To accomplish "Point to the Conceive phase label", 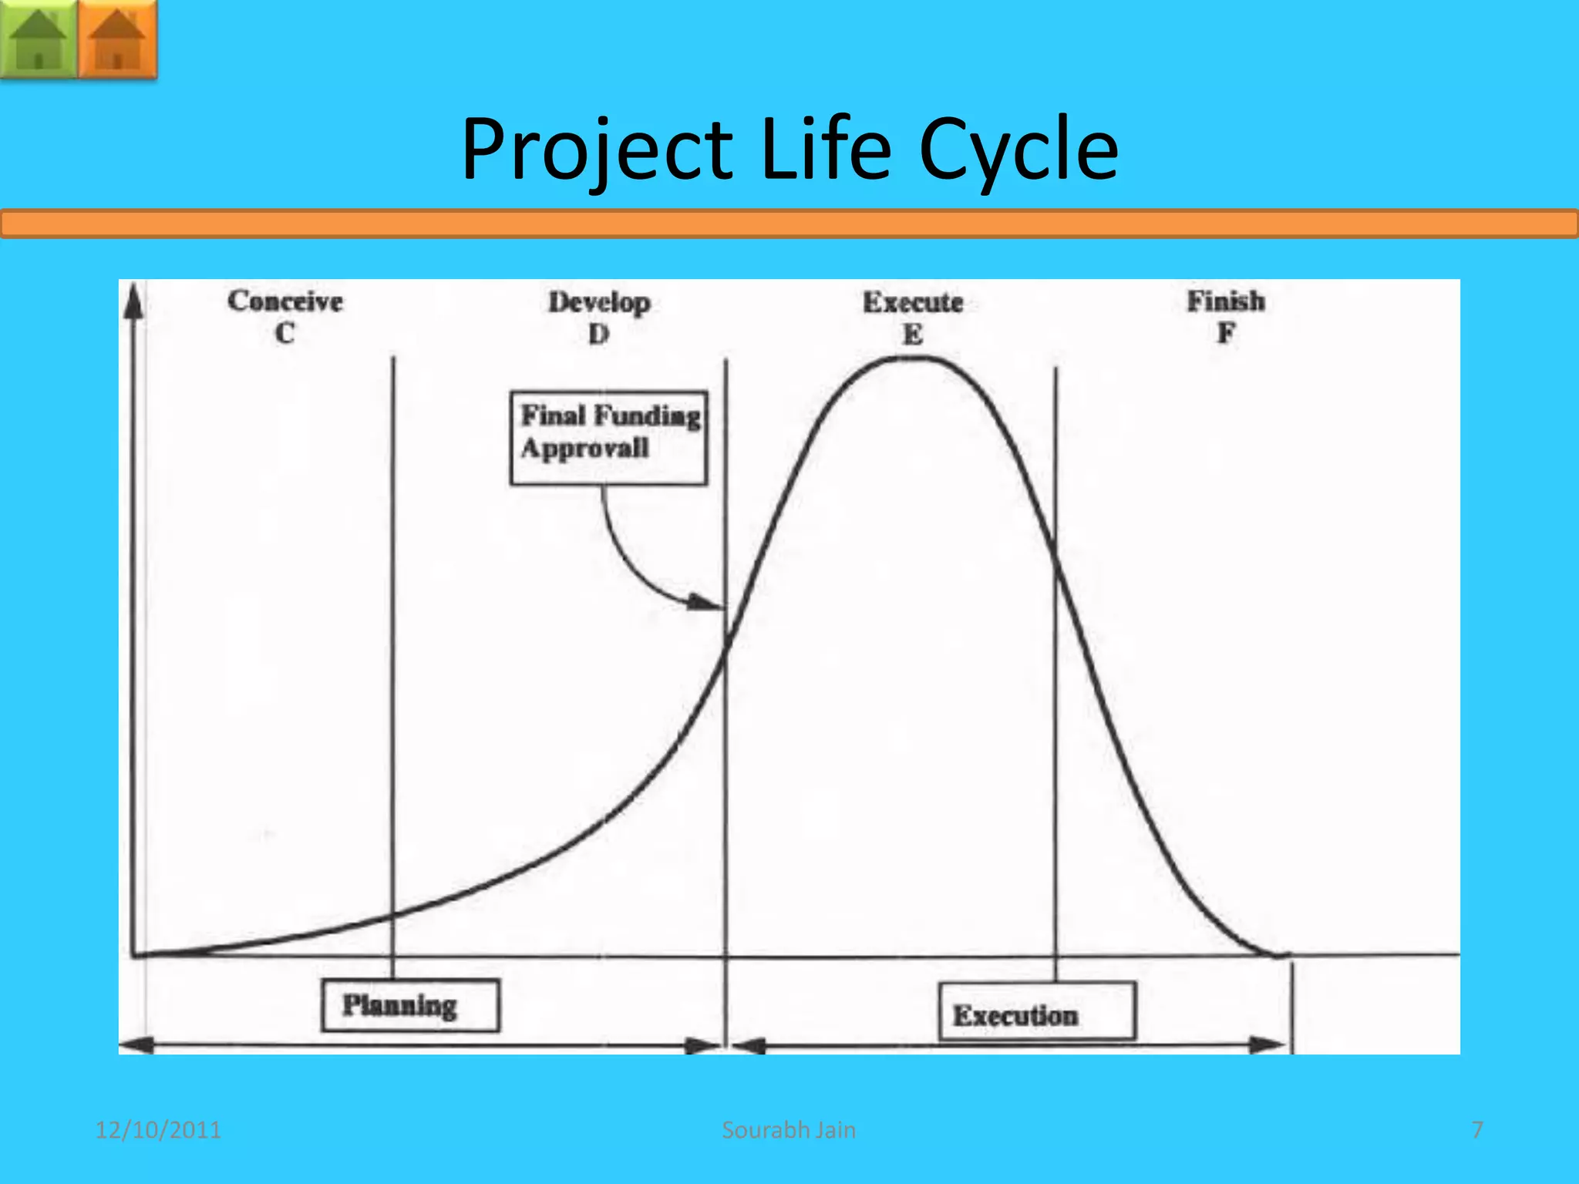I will tap(284, 301).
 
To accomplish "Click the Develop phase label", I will tap(599, 302).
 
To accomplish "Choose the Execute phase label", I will tap(913, 302).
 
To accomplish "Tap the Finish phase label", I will tap(1226, 301).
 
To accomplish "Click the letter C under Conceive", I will tap(284, 333).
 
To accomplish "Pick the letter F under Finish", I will tap(1226, 333).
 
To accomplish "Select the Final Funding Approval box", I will tap(608, 437).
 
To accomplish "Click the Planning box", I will tap(410, 1005).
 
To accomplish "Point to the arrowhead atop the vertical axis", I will tap(134, 301).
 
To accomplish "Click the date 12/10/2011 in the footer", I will tap(158, 1130).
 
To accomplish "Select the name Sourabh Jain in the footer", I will tap(789, 1130).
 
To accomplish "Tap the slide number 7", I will tap(1477, 1130).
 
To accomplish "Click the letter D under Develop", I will tap(599, 335).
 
